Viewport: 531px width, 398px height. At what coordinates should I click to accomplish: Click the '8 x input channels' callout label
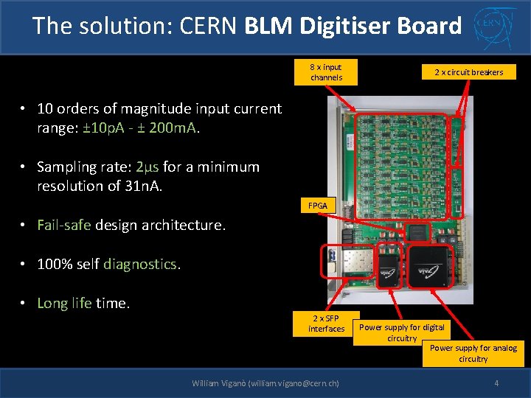[x=326, y=72]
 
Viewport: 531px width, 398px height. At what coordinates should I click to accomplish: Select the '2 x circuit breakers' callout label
[x=468, y=72]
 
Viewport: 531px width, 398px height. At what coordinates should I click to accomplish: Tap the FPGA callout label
[x=317, y=206]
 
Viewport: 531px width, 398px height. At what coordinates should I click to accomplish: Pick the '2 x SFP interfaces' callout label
[x=326, y=323]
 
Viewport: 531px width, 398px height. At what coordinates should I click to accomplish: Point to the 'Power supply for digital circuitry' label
[x=401, y=332]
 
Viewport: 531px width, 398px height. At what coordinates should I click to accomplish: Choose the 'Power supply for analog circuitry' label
[x=473, y=353]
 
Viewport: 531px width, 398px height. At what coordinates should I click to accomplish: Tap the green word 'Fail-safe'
[x=64, y=225]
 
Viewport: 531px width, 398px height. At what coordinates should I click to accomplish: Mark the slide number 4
[x=496, y=383]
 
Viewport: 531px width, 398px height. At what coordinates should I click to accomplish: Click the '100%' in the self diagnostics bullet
[x=56, y=264]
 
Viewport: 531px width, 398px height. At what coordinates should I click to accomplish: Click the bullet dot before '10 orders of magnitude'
[x=24, y=109]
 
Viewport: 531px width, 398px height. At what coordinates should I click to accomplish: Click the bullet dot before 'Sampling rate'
[x=24, y=167]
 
